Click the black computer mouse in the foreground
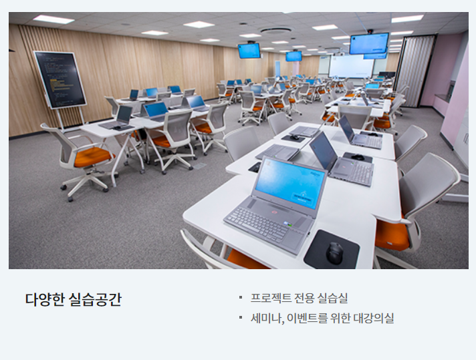[x=334, y=254]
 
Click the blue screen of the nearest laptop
[x=289, y=184]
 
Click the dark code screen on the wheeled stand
[x=60, y=79]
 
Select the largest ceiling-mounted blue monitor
[x=369, y=43]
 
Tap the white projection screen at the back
[x=351, y=66]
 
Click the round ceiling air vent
[x=276, y=30]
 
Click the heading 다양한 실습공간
[x=73, y=299]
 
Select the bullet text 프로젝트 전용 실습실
[x=299, y=298]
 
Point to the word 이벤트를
[x=308, y=318]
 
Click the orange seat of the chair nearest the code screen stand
[x=92, y=156]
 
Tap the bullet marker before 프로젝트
[x=241, y=297]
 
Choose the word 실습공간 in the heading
[x=95, y=299]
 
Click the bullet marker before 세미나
[x=241, y=317]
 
